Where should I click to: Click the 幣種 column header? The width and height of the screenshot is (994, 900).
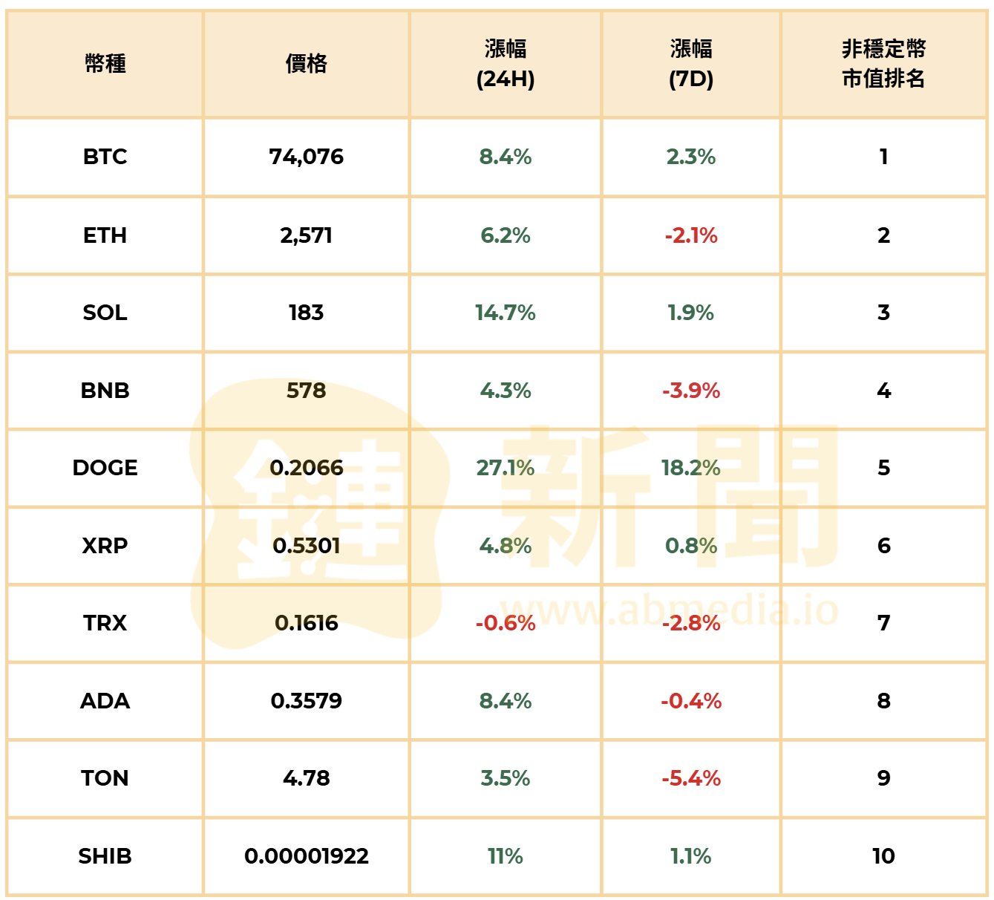pos(105,64)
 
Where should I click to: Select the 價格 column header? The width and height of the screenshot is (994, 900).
pos(306,64)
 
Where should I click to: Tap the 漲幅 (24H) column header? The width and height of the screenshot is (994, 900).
pos(505,64)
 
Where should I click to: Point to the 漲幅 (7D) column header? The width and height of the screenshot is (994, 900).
pos(690,64)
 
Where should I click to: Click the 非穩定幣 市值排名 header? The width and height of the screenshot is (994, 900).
pos(883,64)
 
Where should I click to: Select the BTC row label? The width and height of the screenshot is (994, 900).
pos(105,157)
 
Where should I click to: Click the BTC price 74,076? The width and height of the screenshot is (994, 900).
pos(306,157)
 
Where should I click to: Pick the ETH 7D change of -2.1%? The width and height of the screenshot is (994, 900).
pos(690,235)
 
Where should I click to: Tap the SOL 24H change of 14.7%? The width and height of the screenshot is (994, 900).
pos(505,313)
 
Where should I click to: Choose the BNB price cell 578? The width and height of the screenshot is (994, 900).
pos(306,391)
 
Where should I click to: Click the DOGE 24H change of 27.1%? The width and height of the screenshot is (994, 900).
pos(505,468)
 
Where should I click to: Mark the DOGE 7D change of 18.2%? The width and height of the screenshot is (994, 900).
pos(690,468)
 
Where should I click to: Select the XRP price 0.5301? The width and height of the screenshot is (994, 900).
pos(306,546)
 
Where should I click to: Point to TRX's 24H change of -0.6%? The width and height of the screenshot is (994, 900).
pos(505,623)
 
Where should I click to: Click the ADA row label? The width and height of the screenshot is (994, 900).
pos(105,701)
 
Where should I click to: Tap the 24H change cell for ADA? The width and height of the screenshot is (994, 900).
pos(505,701)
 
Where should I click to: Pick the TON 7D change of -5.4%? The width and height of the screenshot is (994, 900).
pos(690,778)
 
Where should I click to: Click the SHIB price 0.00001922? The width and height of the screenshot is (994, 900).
pos(306,856)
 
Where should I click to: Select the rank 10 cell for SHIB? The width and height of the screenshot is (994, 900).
pos(883,856)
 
